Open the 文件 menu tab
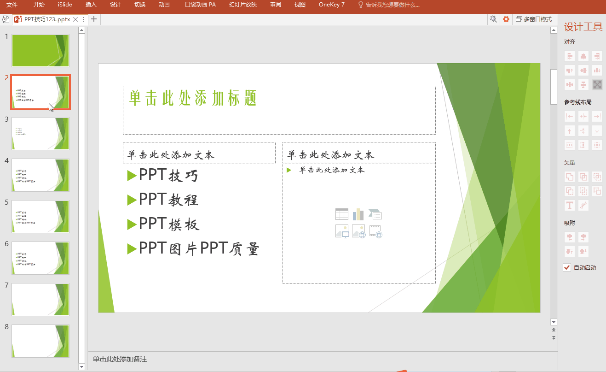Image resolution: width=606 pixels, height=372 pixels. [12, 5]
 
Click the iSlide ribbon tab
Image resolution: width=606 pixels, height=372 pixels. [64, 5]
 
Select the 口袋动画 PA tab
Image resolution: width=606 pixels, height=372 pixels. [200, 5]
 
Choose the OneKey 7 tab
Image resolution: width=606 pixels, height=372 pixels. [331, 5]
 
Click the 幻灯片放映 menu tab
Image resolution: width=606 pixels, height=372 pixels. [242, 5]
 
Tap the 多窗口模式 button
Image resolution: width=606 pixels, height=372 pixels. [534, 19]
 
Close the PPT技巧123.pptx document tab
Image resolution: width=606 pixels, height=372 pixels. [75, 19]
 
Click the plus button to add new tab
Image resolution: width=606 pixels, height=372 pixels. [94, 19]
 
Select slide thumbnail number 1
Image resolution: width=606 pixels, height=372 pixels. [40, 51]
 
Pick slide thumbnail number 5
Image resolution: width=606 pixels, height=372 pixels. [40, 217]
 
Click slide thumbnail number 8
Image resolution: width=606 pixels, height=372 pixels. [40, 341]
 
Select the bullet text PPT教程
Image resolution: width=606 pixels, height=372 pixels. [168, 200]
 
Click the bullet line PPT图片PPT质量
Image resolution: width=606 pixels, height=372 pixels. [199, 249]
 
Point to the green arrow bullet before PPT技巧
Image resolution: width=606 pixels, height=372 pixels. [132, 176]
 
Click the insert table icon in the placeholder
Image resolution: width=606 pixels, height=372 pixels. [342, 214]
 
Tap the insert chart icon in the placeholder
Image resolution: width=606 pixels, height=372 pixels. [358, 214]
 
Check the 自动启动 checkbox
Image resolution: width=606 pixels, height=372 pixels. [567, 267]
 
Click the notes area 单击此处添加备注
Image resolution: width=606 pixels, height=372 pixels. [120, 359]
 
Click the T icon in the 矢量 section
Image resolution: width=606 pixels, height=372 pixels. [570, 206]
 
